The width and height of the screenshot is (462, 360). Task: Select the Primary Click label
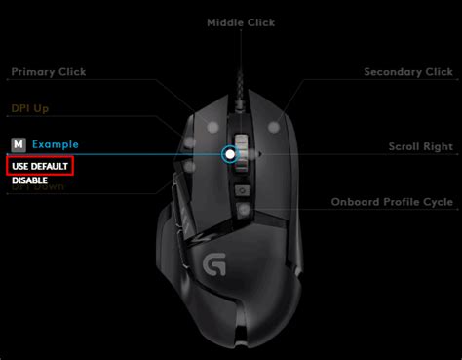pyautogui.click(x=48, y=71)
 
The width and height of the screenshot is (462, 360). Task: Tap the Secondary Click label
pyautogui.click(x=408, y=71)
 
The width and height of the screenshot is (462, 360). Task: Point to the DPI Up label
pyautogui.click(x=29, y=108)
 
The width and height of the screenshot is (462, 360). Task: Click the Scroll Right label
pyautogui.click(x=420, y=146)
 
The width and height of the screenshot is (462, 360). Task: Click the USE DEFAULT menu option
pyautogui.click(x=40, y=167)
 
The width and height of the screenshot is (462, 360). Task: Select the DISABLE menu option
pyautogui.click(x=30, y=180)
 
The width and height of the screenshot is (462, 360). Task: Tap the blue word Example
pyautogui.click(x=55, y=144)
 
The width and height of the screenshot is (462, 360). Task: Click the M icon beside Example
pyautogui.click(x=18, y=144)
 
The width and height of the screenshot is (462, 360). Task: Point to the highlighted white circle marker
pyautogui.click(x=230, y=153)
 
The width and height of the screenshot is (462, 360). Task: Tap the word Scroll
pyautogui.click(x=404, y=146)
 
